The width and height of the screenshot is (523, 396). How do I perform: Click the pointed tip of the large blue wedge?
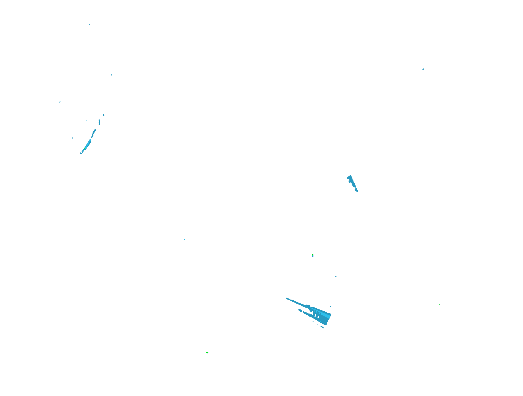pyautogui.click(x=286, y=298)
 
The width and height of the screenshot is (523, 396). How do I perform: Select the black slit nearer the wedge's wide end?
pyautogui.click(x=318, y=317)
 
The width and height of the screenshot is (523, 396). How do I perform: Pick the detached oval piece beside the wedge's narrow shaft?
pyautogui.click(x=300, y=310)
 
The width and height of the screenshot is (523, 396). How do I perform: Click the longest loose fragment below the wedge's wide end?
pyautogui.click(x=322, y=327)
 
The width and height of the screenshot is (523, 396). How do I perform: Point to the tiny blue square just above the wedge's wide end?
pyautogui.click(x=330, y=306)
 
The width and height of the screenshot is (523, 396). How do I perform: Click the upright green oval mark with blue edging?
pyautogui.click(x=313, y=255)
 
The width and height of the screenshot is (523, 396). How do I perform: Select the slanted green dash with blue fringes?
pyautogui.click(x=207, y=352)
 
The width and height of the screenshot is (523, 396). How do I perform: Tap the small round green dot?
pyautogui.click(x=439, y=305)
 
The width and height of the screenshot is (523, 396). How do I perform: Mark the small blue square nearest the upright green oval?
pyautogui.click(x=336, y=277)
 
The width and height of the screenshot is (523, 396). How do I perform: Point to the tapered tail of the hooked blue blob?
pyautogui.click(x=358, y=192)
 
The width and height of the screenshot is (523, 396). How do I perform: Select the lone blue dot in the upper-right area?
pyautogui.click(x=423, y=69)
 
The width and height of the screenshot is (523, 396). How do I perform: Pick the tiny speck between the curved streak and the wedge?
pyautogui.click(x=185, y=239)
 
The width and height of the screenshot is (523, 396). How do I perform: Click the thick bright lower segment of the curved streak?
pyautogui.click(x=88, y=144)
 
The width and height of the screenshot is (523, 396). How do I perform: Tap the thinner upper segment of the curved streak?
pyautogui.click(x=93, y=134)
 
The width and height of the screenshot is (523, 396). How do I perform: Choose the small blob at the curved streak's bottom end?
pyautogui.click(x=81, y=153)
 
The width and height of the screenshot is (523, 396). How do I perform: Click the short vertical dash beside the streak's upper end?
pyautogui.click(x=99, y=122)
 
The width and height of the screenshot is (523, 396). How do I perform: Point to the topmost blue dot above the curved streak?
pyautogui.click(x=89, y=24)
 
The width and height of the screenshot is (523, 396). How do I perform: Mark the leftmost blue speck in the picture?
pyautogui.click(x=60, y=102)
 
